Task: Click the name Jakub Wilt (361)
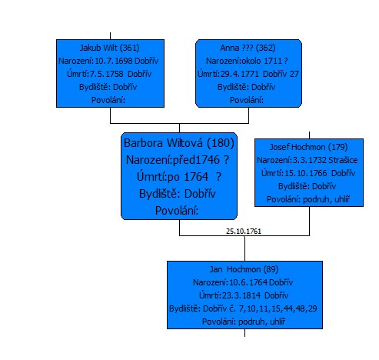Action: [x=109, y=48]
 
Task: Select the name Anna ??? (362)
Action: [x=248, y=48]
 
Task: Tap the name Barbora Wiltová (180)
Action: [x=179, y=143]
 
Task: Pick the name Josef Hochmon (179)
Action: [x=308, y=147]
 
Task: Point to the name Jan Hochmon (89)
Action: [x=244, y=269]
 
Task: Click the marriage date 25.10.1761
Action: [x=244, y=232]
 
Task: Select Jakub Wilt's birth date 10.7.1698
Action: [x=114, y=61]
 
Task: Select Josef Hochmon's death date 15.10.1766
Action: [x=306, y=173]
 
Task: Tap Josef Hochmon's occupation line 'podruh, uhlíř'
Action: [x=326, y=199]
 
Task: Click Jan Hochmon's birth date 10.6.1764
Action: [x=248, y=282]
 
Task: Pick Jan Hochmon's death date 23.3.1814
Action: [x=241, y=295]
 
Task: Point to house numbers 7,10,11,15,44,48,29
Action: [x=278, y=308]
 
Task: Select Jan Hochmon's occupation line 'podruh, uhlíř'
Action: [x=261, y=322]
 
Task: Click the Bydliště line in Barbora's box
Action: [x=178, y=194]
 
